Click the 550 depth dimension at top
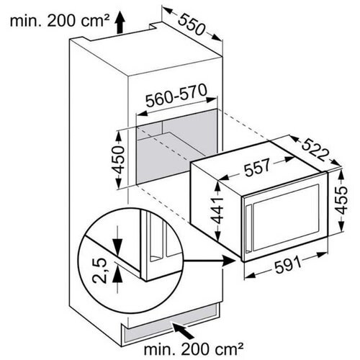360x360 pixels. (x=192, y=24)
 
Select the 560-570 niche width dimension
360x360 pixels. (x=176, y=96)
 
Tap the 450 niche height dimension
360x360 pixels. (x=118, y=160)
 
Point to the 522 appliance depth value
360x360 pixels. (x=315, y=150)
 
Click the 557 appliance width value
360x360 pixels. (x=257, y=167)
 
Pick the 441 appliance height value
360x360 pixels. (x=217, y=210)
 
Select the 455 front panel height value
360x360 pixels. (x=341, y=200)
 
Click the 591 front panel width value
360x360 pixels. (x=288, y=265)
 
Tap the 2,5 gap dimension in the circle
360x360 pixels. (x=99, y=271)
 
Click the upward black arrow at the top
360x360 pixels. (x=120, y=23)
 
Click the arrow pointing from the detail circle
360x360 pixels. (x=209, y=261)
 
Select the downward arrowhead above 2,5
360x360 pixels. (x=117, y=247)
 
